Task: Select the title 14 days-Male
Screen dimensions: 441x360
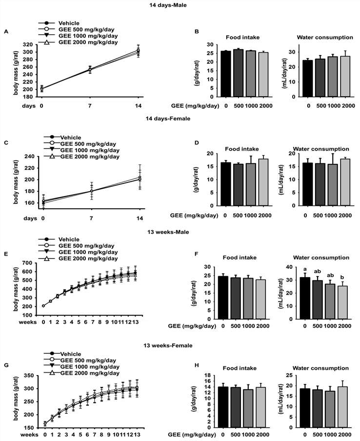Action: (180, 5)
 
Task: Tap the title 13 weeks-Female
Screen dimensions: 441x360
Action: (180, 345)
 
